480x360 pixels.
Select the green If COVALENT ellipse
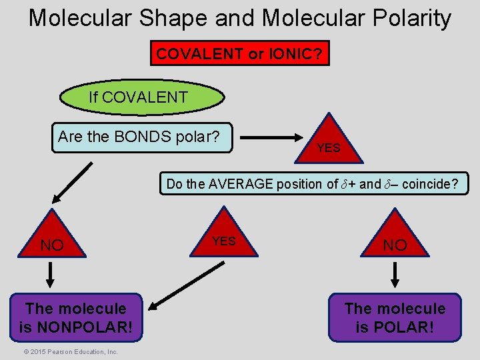pos(142,97)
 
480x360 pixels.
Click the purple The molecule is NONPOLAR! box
pos(75,318)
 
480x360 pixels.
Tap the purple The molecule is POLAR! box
pos(395,317)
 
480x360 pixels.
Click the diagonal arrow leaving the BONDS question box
pos(73,181)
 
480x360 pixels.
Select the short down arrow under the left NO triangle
pos(52,273)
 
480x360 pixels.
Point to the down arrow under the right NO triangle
pos(395,274)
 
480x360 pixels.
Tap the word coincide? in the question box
pos(430,185)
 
